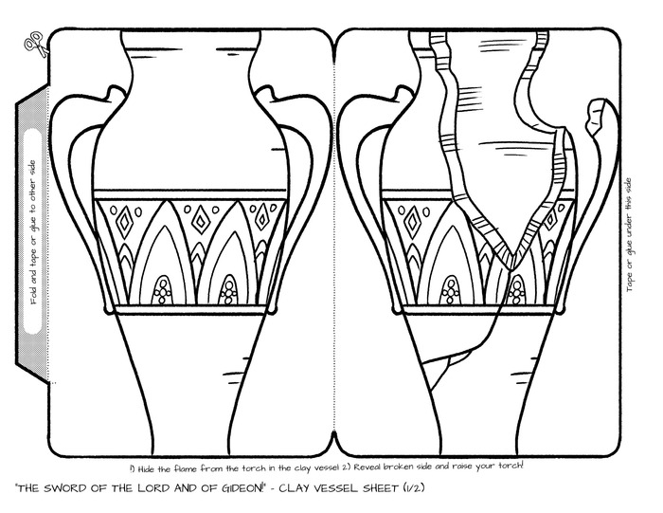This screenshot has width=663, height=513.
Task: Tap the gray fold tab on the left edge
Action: (32, 231)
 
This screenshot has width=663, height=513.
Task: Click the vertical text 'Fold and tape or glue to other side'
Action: (34, 231)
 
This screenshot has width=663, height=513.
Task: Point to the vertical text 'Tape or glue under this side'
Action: (629, 235)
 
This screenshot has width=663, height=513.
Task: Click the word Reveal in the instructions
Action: (368, 467)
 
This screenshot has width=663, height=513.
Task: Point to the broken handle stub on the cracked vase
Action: (599, 118)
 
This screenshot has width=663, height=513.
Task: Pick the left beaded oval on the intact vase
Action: (162, 290)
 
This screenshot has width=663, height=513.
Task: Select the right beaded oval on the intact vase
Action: (228, 290)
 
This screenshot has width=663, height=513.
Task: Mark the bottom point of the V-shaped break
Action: (511, 267)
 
